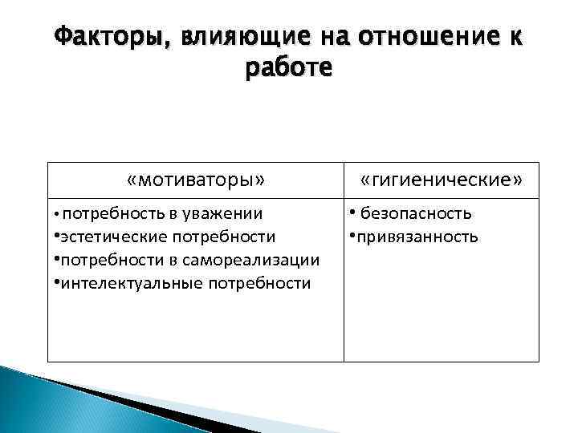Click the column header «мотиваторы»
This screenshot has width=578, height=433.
coord(196,180)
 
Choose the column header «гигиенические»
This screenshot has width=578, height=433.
coord(441,180)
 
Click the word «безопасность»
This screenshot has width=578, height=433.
coord(416,213)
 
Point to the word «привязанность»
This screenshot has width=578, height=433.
coord(416,237)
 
